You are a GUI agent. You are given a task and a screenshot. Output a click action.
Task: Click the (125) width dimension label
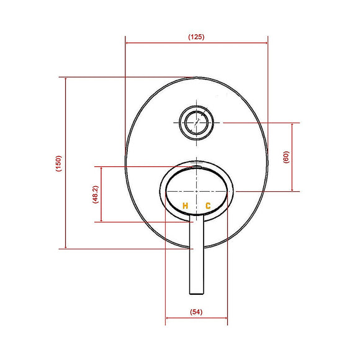[x=196, y=37]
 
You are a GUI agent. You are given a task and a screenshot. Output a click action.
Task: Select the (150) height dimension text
[x=58, y=163]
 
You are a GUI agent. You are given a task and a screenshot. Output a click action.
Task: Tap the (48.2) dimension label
[x=95, y=194]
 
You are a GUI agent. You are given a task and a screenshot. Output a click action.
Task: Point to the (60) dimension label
[x=286, y=156]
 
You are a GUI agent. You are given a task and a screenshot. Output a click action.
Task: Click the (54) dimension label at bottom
[x=196, y=313]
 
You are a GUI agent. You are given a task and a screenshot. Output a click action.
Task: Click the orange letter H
[x=185, y=205]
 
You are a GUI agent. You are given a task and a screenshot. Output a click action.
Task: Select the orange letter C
[x=208, y=205]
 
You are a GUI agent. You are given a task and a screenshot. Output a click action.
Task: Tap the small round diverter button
[x=196, y=121]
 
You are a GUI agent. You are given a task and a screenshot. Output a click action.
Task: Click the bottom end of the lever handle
[x=196, y=294]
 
